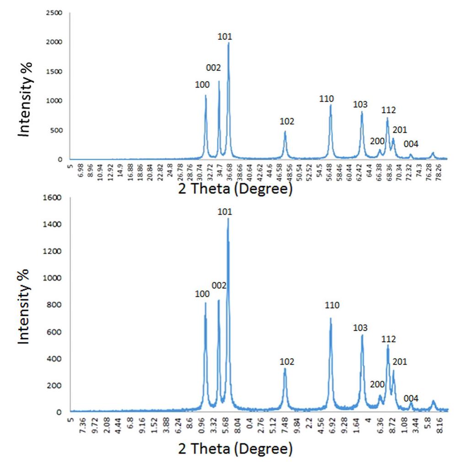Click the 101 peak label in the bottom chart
click(225, 212)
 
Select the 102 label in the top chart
click(287, 122)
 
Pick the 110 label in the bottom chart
click(332, 305)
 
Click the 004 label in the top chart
click(411, 144)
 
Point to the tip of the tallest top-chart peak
click(228, 43)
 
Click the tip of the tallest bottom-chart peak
click(228, 218)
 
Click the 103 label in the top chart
click(361, 104)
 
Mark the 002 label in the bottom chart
click(219, 286)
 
